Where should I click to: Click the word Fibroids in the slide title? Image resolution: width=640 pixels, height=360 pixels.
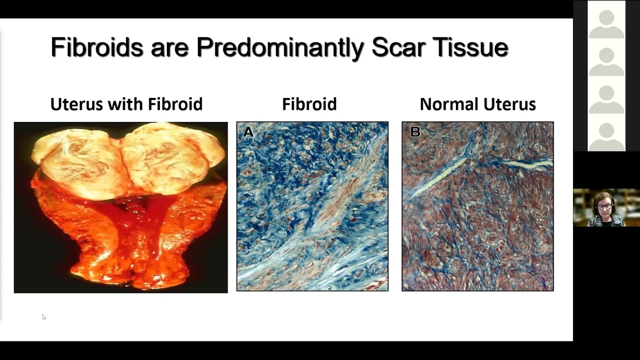tap(97, 47)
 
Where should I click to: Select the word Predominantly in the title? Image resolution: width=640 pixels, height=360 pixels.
tap(280, 48)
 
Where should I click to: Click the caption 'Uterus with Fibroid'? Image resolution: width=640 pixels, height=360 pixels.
tap(126, 104)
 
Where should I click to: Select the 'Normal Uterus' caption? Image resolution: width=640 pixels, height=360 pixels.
tap(477, 104)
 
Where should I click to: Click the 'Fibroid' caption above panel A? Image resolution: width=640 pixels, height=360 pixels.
tap(309, 104)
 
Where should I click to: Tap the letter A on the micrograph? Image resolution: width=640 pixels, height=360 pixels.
tap(248, 132)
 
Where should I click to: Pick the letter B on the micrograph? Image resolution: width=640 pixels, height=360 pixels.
tap(414, 132)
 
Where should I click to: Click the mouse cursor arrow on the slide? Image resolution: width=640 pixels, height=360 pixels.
tap(43, 316)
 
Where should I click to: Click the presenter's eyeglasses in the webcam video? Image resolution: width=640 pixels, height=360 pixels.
tap(604, 206)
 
